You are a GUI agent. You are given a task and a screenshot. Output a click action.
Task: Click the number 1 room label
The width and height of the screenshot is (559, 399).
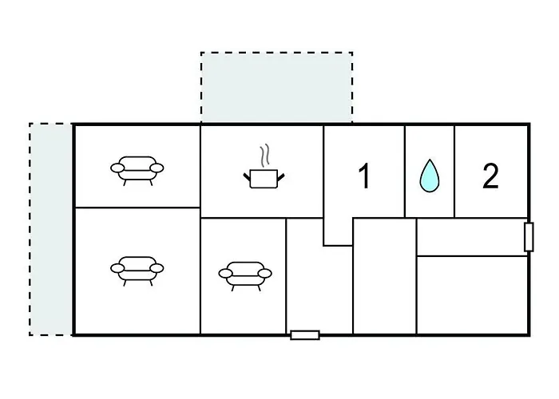pos(364,176)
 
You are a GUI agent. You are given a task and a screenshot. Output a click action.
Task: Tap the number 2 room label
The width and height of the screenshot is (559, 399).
pos(490,176)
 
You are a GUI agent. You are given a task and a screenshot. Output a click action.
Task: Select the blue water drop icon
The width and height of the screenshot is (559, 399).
pos(430,176)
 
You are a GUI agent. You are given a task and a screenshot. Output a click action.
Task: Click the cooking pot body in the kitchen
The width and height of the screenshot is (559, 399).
pos(264,179)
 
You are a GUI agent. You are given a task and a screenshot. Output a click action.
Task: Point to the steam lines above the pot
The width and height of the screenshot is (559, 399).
pos(264,156)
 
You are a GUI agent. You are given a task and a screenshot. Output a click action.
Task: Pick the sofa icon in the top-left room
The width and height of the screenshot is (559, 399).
pos(137,171)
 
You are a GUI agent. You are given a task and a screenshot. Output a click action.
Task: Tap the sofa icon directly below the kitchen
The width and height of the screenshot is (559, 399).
pos(245,276)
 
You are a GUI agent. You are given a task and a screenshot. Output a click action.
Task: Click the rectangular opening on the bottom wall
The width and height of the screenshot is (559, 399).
pos(305,335)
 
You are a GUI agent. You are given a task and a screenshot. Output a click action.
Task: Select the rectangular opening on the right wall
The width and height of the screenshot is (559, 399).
pos(529,237)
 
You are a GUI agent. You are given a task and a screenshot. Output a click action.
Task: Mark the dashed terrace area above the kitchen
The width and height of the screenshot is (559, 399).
pos(276,88)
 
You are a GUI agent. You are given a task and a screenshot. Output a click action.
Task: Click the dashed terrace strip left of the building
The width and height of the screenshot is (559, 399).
pos(51,230)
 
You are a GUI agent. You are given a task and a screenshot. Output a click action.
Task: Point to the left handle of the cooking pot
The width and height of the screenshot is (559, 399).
pos(247,176)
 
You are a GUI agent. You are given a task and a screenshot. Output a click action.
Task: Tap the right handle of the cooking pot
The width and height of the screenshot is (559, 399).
pos(281,176)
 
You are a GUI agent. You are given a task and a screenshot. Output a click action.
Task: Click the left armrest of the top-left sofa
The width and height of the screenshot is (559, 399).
pos(117,168)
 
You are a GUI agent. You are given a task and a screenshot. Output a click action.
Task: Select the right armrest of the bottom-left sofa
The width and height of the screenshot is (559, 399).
pos(157,268)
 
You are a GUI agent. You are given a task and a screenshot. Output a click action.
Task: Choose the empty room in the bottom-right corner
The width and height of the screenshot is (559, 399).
pos(472,295)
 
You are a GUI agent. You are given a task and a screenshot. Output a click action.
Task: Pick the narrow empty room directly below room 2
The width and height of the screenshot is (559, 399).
pos(472,237)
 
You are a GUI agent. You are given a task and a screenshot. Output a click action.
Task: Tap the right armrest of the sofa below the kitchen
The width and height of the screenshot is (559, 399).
pos(264,273)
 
